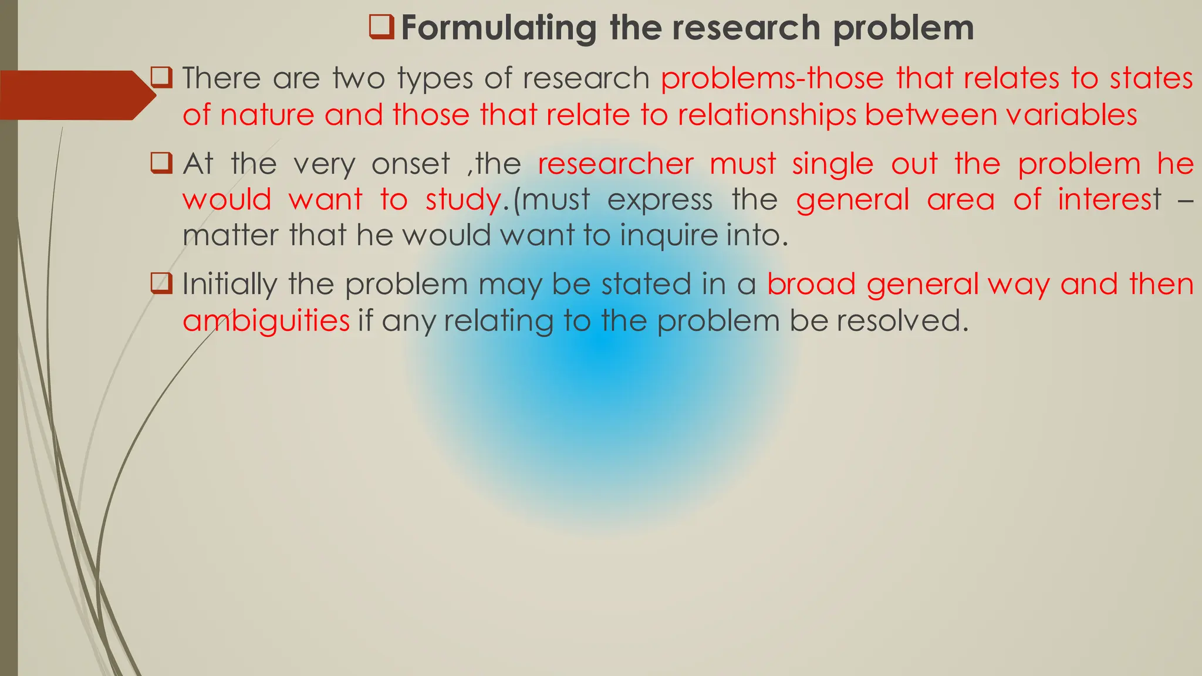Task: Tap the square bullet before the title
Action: (x=381, y=27)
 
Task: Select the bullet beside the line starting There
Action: (x=161, y=77)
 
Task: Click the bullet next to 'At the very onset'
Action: (x=161, y=163)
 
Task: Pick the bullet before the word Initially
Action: (x=161, y=283)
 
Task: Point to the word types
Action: (x=435, y=79)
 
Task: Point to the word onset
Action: (x=410, y=163)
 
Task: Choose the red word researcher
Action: (x=615, y=163)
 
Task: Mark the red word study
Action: (x=462, y=200)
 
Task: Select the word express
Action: (x=660, y=200)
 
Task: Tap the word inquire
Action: (x=668, y=236)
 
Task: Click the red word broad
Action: (x=811, y=284)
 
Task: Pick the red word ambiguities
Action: (x=266, y=321)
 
